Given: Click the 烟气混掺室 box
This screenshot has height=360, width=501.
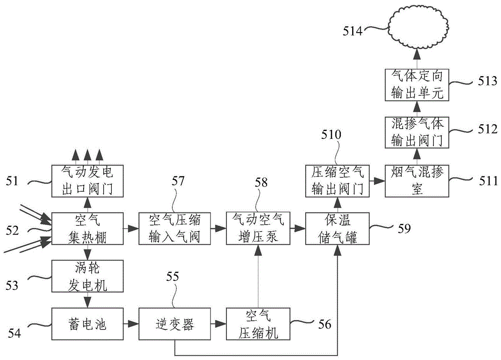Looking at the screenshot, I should [417, 181].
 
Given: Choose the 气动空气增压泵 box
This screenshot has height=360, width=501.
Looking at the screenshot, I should [258, 229].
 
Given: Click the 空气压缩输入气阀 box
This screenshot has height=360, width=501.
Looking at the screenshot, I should [174, 229].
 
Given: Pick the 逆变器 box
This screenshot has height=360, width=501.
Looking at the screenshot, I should [174, 324].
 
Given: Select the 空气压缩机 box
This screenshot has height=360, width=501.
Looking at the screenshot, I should [258, 324].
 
